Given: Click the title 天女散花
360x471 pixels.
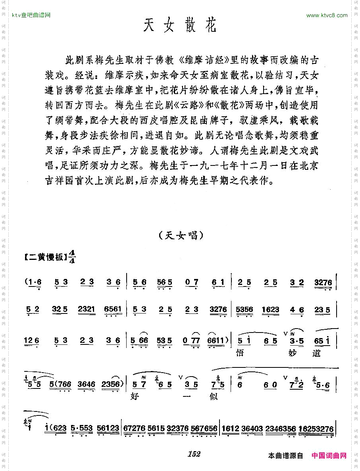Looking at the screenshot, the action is [180, 27].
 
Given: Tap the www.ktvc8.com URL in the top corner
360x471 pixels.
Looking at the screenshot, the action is [327, 15].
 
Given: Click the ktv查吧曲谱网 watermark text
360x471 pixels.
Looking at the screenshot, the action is [31, 15].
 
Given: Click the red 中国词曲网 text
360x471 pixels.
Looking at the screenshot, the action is [329, 456].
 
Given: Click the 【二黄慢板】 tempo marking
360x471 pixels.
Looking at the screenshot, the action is [44, 257].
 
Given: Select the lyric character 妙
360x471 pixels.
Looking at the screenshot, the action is [294, 352].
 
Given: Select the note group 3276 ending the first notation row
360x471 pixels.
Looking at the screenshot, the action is [323, 283].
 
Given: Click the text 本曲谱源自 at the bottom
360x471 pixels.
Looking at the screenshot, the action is [286, 456].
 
